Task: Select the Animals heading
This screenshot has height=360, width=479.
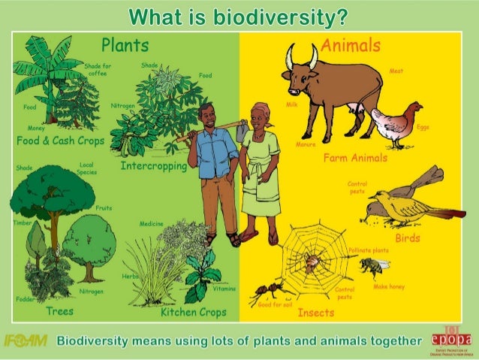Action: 352,45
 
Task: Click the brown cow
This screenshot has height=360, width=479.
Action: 330,83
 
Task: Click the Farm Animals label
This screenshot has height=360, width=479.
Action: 356,159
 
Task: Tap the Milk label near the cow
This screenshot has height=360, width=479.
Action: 293,106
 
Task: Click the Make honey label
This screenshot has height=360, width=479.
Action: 390,287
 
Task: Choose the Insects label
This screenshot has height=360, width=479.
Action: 316,312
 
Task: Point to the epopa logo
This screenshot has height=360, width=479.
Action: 450,340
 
